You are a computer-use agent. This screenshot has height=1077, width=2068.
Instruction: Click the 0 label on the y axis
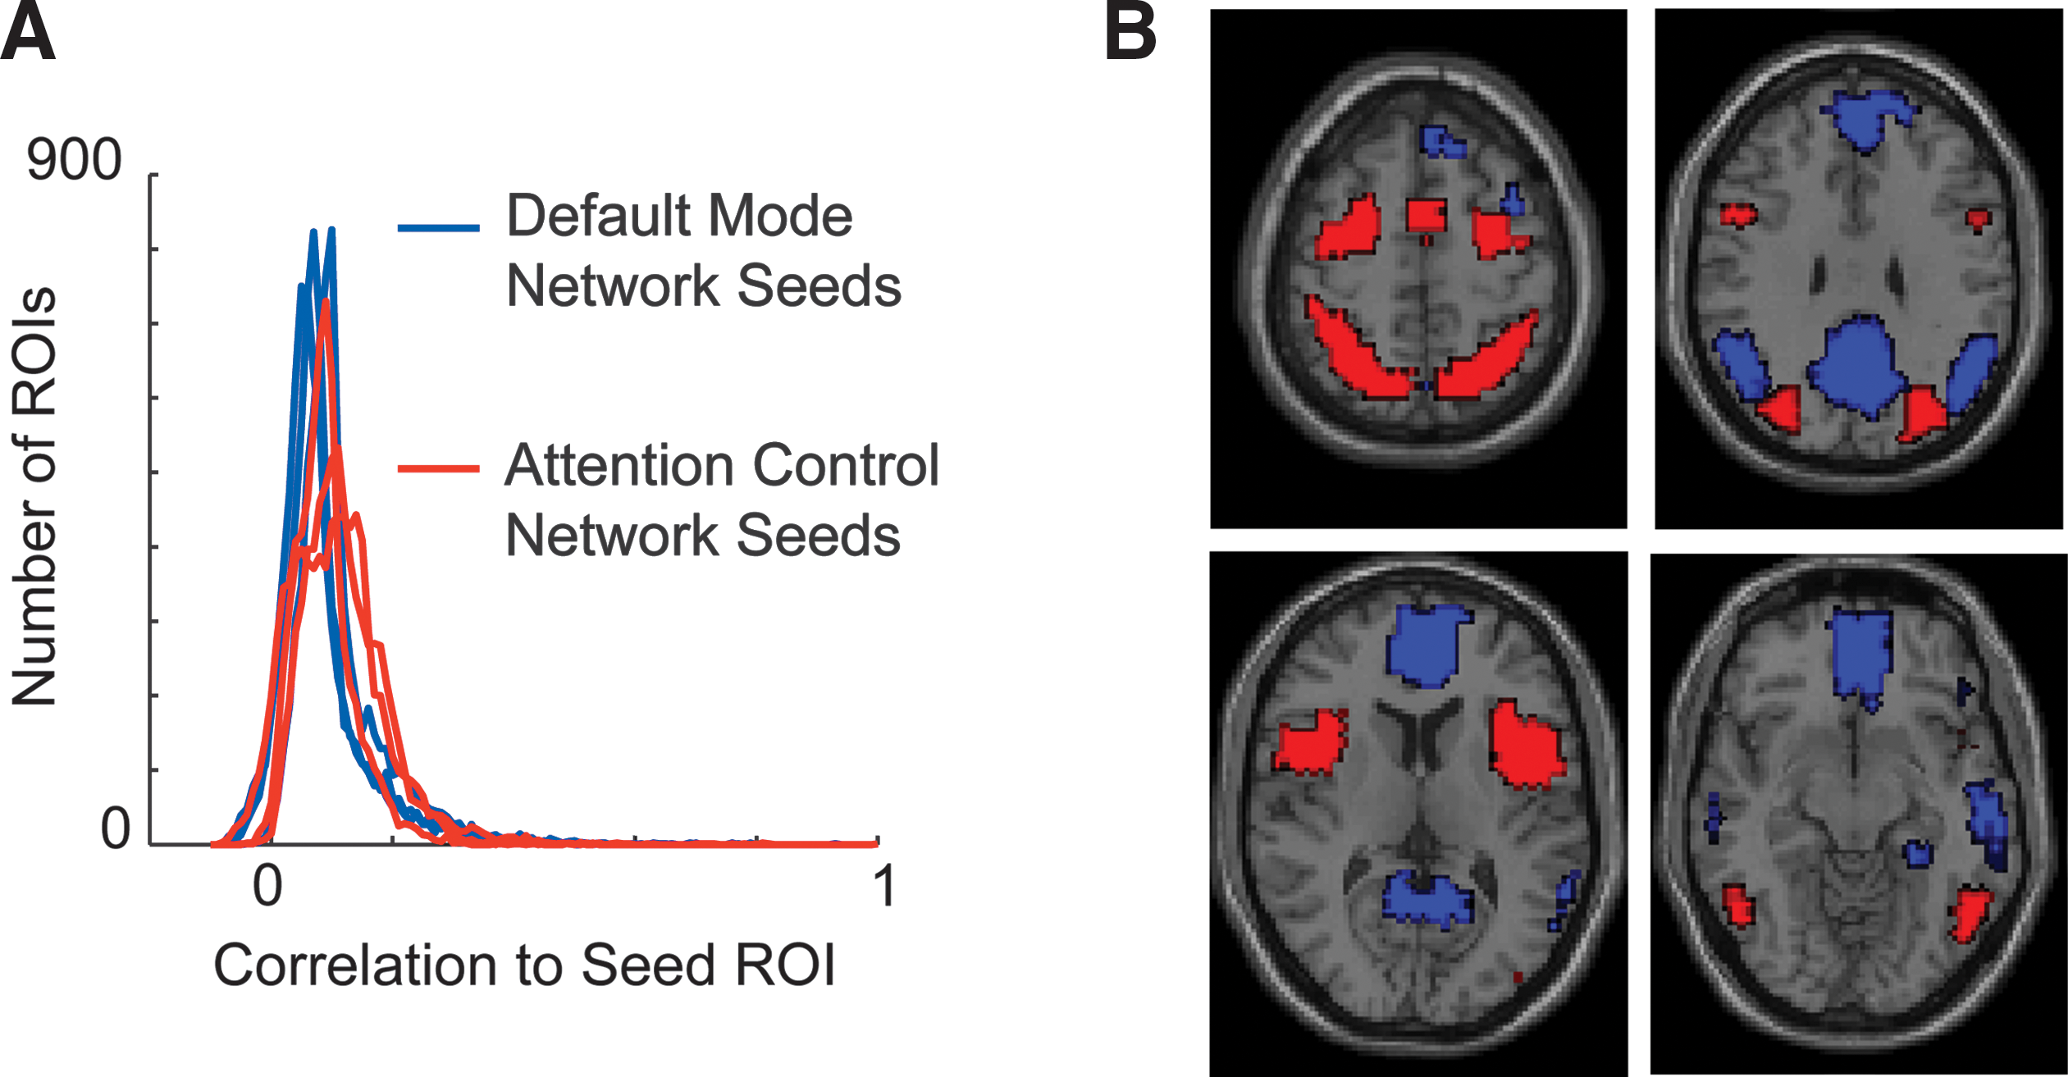pos(116,828)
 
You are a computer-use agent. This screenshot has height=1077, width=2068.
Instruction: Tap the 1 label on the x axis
pos(884,886)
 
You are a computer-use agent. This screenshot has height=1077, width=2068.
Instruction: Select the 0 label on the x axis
pos(267,886)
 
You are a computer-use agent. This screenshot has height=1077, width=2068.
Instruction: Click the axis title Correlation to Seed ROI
pos(524,965)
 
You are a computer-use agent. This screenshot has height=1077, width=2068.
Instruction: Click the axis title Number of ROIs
pos(34,496)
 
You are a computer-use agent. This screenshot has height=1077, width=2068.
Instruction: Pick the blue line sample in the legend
pos(439,227)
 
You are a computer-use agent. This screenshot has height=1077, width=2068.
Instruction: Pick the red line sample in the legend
pos(439,468)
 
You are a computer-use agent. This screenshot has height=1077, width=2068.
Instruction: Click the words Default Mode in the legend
pos(680,216)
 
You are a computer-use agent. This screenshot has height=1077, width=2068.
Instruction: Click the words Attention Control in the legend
pos(722,465)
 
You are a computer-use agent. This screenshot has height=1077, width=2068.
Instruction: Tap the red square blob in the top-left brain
pos(1426,217)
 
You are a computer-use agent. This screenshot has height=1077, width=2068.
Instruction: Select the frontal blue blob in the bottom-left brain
pos(1426,646)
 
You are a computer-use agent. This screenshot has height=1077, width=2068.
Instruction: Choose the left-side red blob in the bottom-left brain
pos(1311,742)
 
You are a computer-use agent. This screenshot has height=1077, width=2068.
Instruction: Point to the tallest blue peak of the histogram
pos(331,230)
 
